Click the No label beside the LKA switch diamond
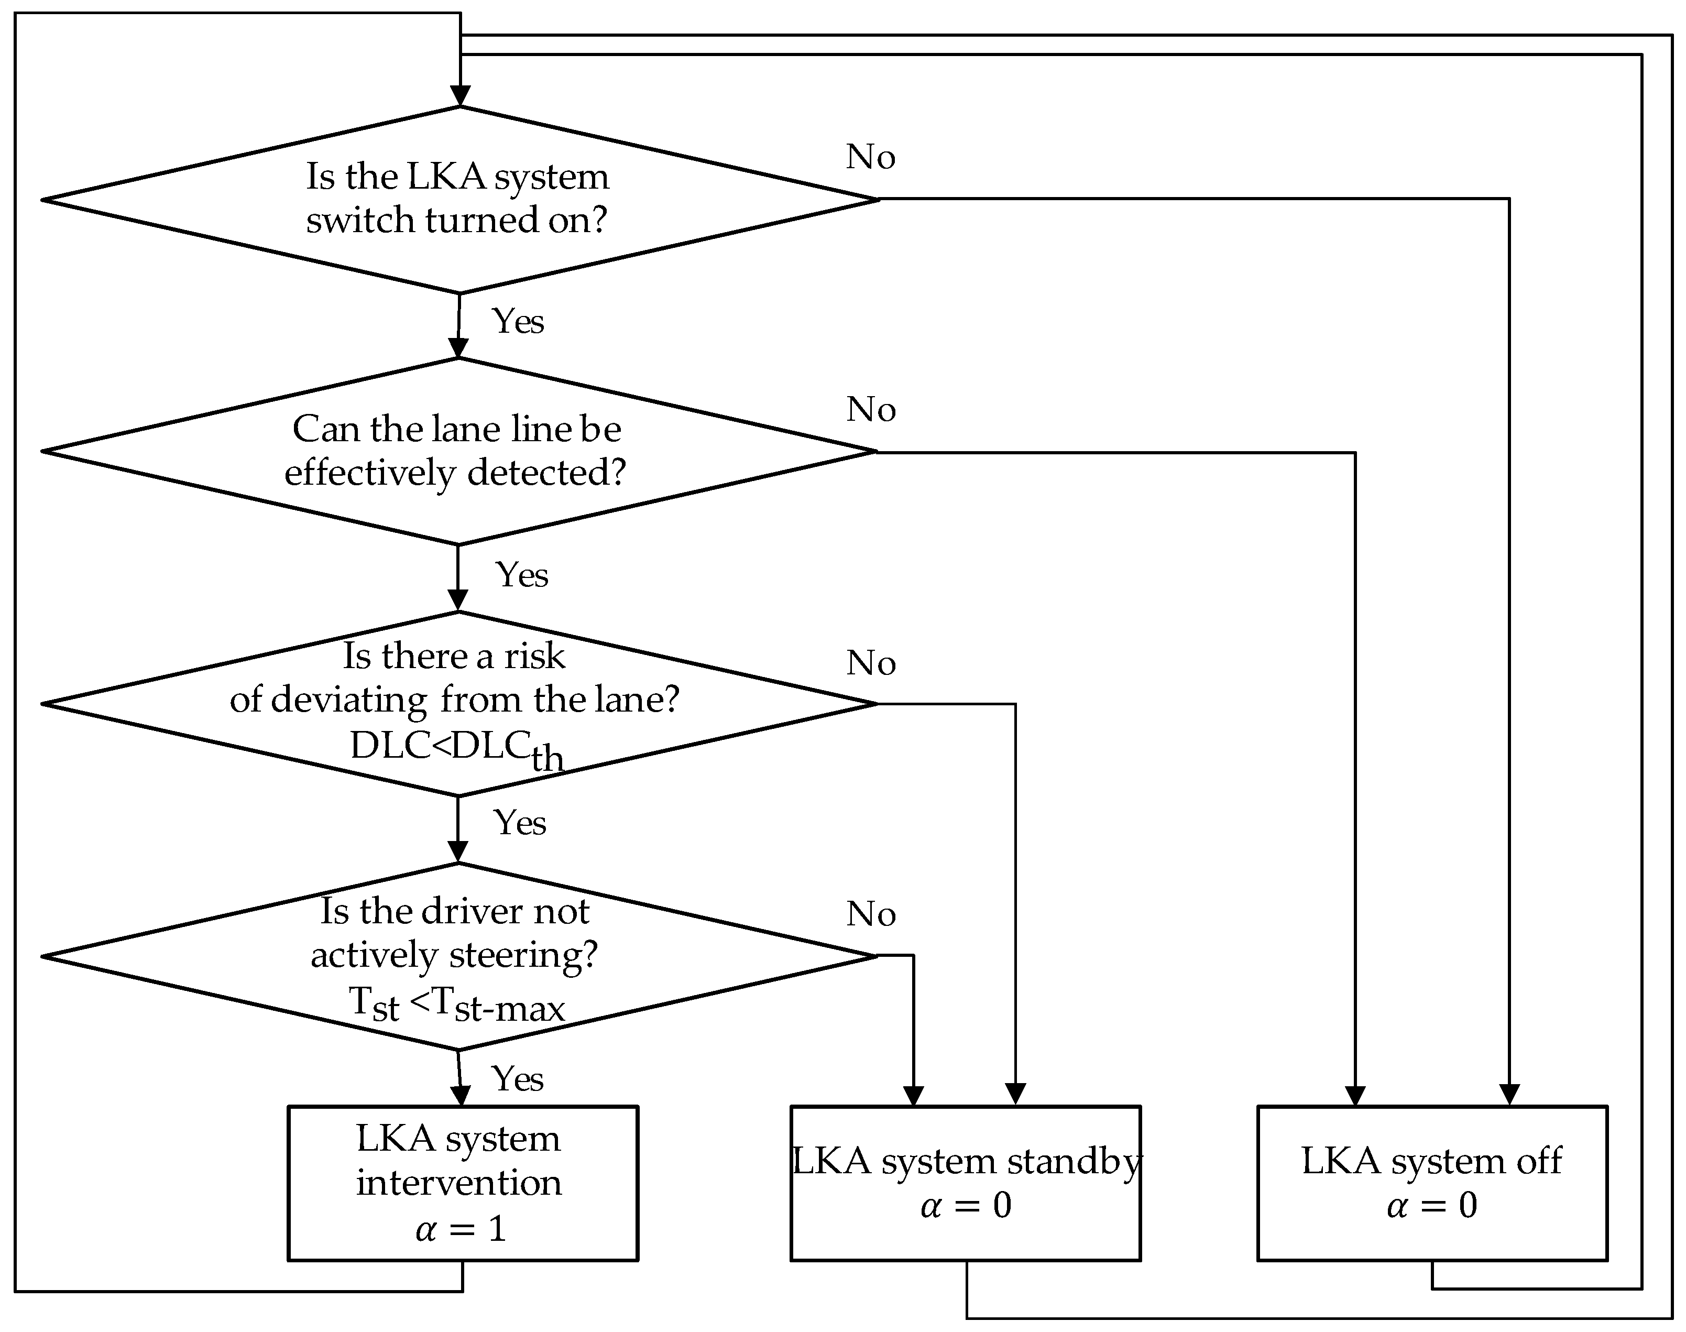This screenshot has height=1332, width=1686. (x=870, y=158)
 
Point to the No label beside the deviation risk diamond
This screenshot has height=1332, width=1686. (x=870, y=664)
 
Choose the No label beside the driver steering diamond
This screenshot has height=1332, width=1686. (x=870, y=914)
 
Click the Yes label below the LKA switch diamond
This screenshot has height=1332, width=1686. (x=518, y=321)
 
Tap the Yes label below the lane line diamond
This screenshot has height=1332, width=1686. (x=522, y=575)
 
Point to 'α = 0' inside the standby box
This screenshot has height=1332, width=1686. (x=966, y=1206)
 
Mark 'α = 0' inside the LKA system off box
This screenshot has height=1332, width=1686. (x=1432, y=1206)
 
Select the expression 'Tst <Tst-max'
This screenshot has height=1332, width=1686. (x=456, y=1005)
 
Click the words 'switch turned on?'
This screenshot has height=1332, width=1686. (x=456, y=221)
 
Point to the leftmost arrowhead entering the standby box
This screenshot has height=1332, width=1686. (x=913, y=1095)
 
